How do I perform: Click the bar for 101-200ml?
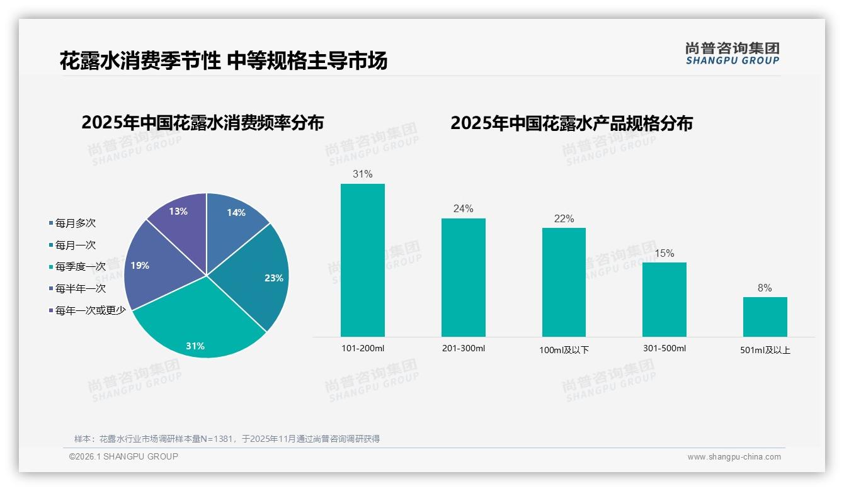362,260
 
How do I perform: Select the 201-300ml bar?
463,277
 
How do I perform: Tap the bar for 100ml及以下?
564,282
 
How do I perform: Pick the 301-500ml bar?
664,299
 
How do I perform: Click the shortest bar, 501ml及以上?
765,317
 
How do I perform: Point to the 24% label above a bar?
463,209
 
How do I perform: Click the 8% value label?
765,288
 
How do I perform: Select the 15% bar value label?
664,253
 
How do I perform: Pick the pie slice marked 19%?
148,268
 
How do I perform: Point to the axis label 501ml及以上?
765,350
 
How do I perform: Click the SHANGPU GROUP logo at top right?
732,54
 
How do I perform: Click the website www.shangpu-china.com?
734,457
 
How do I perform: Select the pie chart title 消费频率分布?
202,123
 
